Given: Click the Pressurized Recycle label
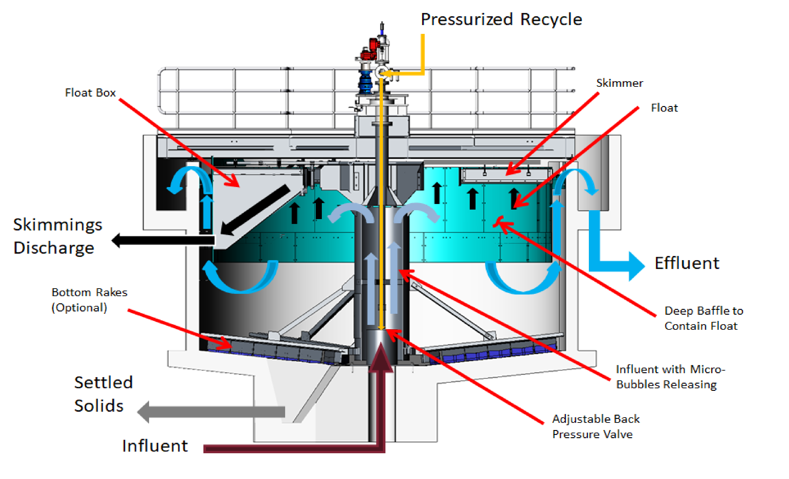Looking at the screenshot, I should click(x=501, y=19).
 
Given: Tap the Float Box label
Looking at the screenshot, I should click(x=90, y=93).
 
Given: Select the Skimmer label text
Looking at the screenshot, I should click(x=619, y=83).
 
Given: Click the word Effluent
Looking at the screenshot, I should click(x=687, y=263).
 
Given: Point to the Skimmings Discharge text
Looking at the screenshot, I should click(x=58, y=236).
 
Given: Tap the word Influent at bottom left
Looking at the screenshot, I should click(x=155, y=446).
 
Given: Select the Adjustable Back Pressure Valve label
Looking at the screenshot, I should click(x=596, y=427).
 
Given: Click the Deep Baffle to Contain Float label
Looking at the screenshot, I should click(x=704, y=318).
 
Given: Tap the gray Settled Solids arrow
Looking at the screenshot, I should click(x=211, y=412).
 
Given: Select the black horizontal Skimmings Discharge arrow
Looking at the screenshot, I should click(x=163, y=240).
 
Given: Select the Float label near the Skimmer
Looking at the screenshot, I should click(x=664, y=108).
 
